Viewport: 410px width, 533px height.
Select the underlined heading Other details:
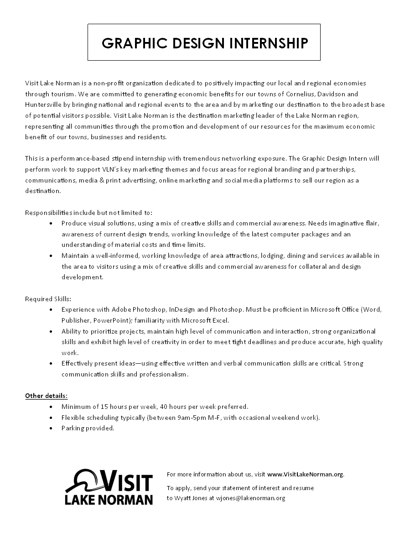click(x=46, y=395)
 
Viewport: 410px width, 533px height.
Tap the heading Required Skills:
click(x=48, y=299)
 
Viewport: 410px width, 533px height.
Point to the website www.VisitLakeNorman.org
click(x=305, y=474)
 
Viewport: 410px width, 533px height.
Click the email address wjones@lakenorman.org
click(x=250, y=498)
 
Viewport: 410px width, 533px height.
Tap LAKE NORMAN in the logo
click(x=109, y=499)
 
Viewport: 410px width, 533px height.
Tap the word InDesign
click(x=182, y=309)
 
